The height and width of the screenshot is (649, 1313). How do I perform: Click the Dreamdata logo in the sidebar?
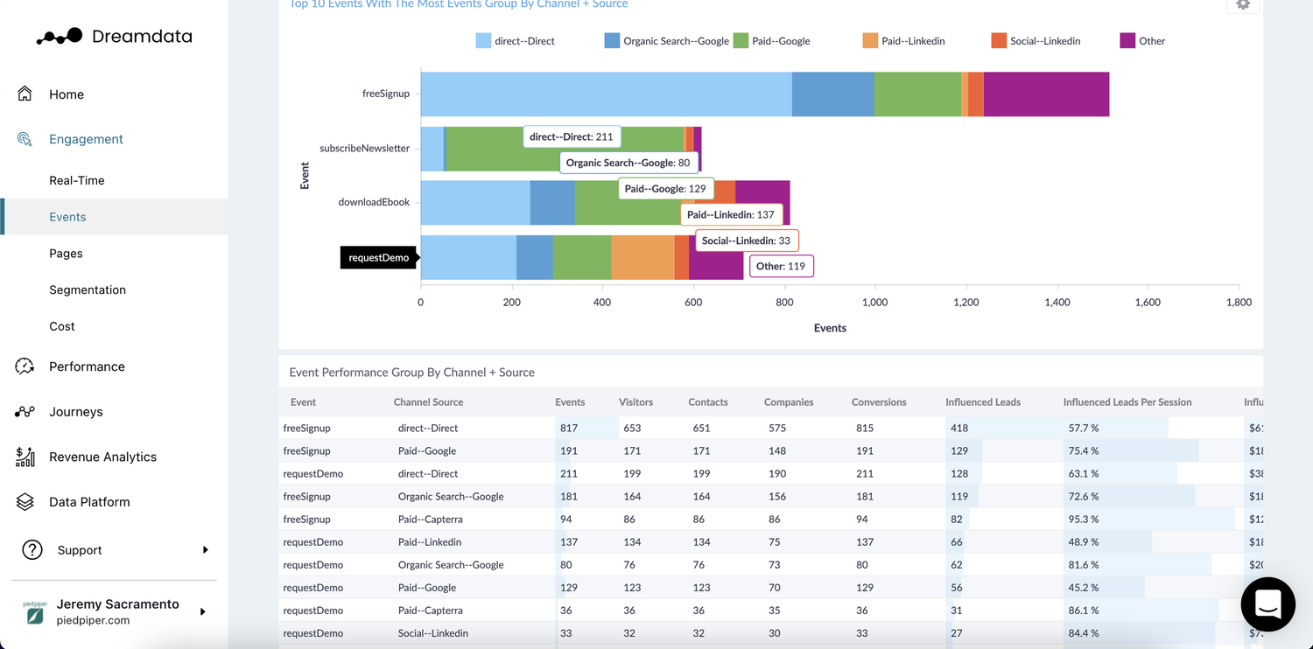(x=114, y=37)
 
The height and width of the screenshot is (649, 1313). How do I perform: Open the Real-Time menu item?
(x=77, y=180)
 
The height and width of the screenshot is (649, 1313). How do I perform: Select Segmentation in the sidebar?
(x=88, y=290)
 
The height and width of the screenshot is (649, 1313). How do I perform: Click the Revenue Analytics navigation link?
(x=102, y=457)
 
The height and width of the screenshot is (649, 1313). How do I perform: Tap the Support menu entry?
(x=80, y=550)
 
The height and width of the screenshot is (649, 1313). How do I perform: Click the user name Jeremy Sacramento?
(x=117, y=604)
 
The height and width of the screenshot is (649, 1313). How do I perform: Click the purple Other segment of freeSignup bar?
(x=1046, y=94)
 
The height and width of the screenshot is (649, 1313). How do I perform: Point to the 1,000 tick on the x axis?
(x=874, y=303)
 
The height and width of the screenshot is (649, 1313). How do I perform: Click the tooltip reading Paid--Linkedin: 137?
(x=731, y=215)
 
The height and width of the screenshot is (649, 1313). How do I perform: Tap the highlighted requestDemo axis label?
(x=378, y=258)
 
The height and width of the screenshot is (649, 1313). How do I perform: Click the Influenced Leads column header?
(x=982, y=402)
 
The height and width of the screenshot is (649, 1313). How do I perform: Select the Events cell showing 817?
(x=570, y=429)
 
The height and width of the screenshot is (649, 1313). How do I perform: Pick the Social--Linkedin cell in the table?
(x=432, y=633)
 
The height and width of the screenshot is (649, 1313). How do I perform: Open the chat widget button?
(x=1267, y=604)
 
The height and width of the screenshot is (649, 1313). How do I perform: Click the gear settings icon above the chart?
(x=1243, y=4)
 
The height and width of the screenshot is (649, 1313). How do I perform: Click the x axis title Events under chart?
(x=830, y=328)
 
